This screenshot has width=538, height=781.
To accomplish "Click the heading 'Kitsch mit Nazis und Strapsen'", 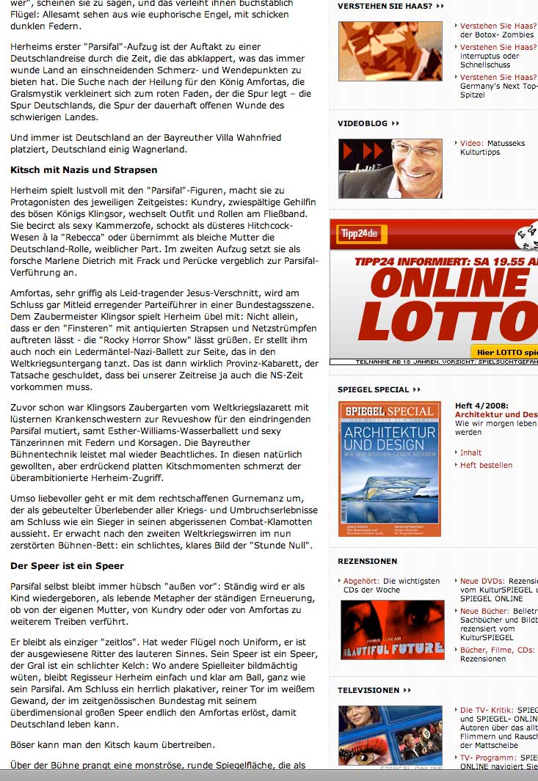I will pyautogui.click(x=84, y=170).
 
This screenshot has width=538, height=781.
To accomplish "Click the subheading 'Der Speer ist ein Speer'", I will pyautogui.click(x=67, y=566).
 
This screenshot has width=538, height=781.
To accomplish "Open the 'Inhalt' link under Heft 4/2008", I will pyautogui.click(x=470, y=452).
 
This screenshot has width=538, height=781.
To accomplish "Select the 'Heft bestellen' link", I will pyautogui.click(x=486, y=465).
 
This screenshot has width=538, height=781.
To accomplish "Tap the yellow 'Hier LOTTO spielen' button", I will pyautogui.click(x=505, y=352).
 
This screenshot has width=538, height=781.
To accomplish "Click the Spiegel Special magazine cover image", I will pyautogui.click(x=389, y=468).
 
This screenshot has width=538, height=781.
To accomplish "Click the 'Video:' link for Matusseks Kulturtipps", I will pyautogui.click(x=471, y=144).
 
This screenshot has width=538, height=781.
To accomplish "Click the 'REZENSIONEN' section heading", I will pyautogui.click(x=367, y=561).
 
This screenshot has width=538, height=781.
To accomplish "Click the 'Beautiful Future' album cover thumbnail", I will pyautogui.click(x=392, y=629).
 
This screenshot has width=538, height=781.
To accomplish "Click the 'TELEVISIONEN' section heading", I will pyautogui.click(x=368, y=690).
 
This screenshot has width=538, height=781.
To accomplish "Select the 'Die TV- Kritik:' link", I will pyautogui.click(x=487, y=711).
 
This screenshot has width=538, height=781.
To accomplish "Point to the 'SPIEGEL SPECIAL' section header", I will pyautogui.click(x=373, y=389).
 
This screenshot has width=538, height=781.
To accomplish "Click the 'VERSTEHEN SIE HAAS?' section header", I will pyautogui.click(x=385, y=6).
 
